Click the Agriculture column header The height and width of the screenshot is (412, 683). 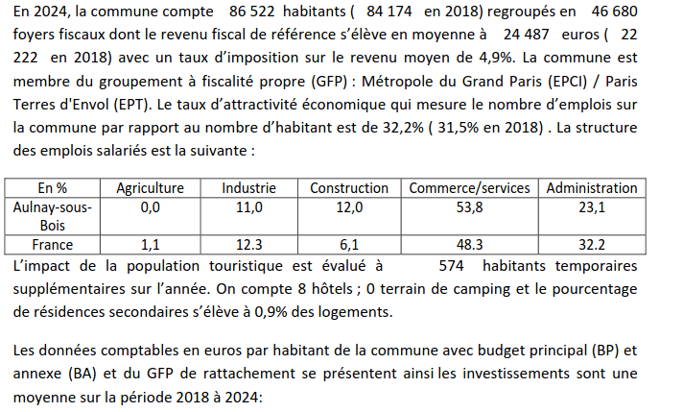[150, 188]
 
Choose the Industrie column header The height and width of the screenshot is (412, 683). [248, 188]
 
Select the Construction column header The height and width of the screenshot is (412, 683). [349, 188]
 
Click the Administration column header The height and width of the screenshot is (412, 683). [592, 188]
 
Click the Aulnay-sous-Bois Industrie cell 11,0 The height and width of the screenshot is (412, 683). [248, 206]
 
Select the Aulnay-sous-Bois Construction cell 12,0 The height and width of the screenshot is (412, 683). [349, 206]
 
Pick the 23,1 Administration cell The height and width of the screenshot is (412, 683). [592, 206]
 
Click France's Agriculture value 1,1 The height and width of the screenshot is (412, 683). [150, 244]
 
